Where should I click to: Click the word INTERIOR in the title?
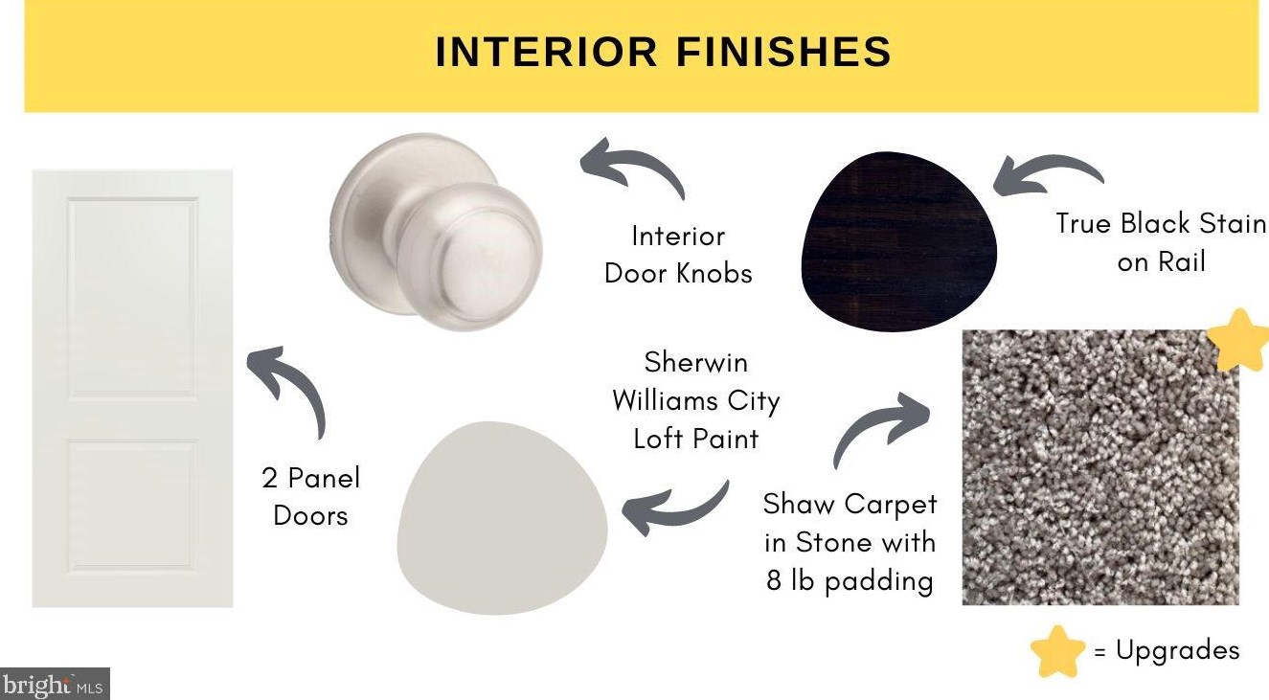point(546,52)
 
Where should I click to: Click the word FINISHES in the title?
point(784,52)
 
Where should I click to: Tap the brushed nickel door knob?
point(436,232)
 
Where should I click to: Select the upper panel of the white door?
point(133,296)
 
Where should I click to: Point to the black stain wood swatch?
point(898,240)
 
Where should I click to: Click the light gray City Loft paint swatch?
point(502,518)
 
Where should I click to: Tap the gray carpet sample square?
point(1100,467)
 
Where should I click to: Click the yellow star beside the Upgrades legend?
point(1057,651)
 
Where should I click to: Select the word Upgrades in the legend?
point(1177,650)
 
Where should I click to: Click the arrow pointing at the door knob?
point(632,166)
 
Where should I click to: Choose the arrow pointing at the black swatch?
point(1048,172)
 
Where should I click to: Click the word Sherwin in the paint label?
point(695,363)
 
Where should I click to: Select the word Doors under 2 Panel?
point(310,516)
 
